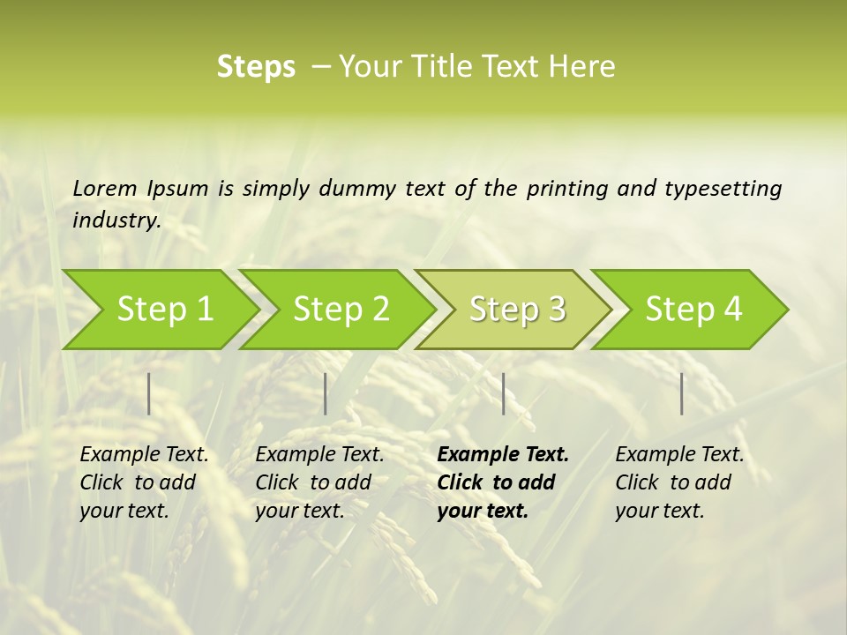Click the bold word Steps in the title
256,67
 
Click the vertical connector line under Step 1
149,393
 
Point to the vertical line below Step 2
326,393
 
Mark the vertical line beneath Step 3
504,393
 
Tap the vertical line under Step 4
682,393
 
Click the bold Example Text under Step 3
503,455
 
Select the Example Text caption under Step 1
144,455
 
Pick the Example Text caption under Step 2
319,455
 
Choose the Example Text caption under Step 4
679,455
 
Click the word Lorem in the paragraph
105,188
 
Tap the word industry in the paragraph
116,220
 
